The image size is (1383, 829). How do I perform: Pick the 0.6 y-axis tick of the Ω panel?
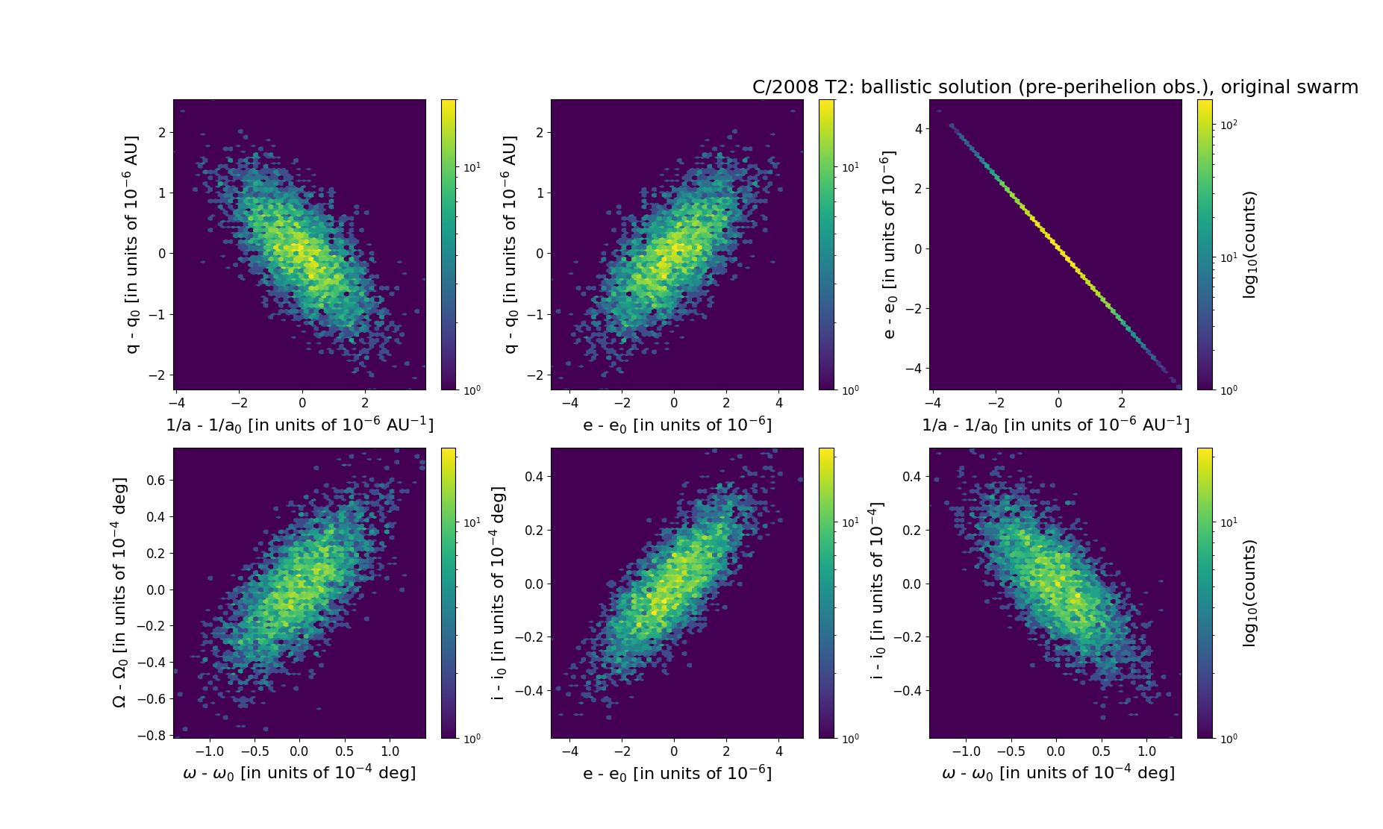pos(156,480)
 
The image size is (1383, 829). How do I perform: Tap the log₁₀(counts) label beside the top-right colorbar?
pos(1249,245)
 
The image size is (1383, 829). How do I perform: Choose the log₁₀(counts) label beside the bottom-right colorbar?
pos(1249,593)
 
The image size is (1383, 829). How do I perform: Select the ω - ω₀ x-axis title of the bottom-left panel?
pos(299,773)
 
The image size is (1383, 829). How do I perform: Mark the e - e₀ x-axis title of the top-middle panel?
pos(677,425)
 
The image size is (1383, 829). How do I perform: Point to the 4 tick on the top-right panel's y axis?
pos(917,128)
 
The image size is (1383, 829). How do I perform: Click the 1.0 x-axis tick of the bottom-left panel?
pos(390,751)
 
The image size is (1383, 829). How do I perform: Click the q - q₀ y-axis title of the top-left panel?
pos(132,245)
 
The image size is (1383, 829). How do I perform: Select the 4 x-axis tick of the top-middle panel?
pos(779,403)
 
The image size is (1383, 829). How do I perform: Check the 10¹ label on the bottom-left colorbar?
pos(472,522)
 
